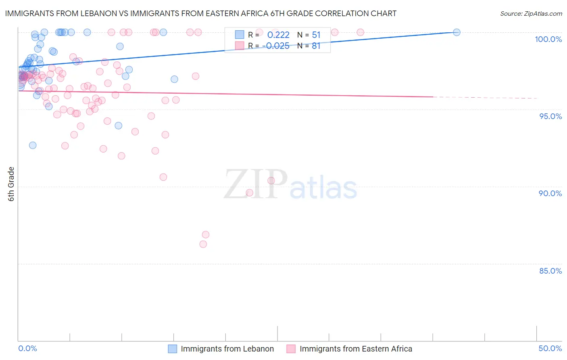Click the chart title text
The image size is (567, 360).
pos(200,13)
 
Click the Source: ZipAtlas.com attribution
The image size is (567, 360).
pos(531,13)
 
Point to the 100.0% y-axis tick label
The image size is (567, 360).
pos(548,39)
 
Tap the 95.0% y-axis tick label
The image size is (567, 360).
pos(550,116)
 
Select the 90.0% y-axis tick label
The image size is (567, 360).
pos(550,193)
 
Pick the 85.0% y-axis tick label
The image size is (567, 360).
pos(550,271)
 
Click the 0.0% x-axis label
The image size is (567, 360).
pos(27,348)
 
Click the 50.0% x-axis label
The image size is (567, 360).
pos(550,348)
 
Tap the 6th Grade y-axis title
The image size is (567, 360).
pos(11,184)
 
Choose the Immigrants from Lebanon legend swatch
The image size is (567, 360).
pos(173,349)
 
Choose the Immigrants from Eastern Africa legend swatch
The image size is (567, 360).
pos(291,349)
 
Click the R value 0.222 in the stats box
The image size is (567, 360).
pos(278,35)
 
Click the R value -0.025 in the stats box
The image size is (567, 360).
pos(276,46)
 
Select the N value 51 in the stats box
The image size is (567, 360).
pos(316,35)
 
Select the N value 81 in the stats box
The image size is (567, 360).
pos(316,46)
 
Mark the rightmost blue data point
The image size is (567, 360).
pos(457,32)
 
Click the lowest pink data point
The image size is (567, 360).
pos(203,244)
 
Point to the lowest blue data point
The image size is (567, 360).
pos(33,145)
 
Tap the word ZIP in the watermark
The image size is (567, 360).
pos(256,184)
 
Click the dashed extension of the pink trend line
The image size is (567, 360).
pos(484,98)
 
